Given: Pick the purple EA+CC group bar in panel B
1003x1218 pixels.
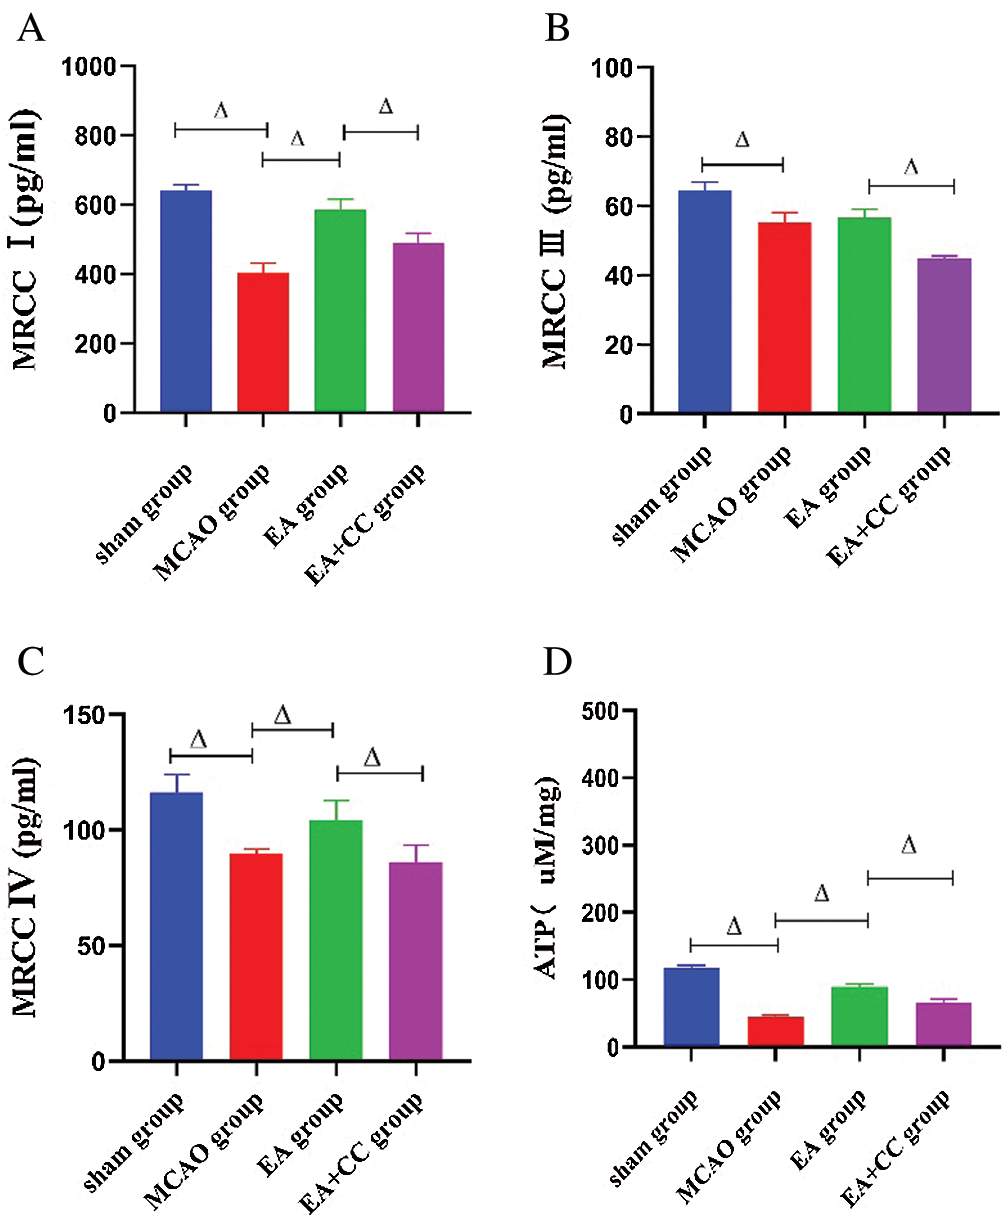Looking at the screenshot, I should click(944, 335).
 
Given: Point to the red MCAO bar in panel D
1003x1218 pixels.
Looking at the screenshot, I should click(776, 1031).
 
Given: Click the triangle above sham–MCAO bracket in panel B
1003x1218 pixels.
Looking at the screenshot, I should click(741, 140).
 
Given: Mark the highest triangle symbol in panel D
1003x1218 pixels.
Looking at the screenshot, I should click(908, 846).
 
